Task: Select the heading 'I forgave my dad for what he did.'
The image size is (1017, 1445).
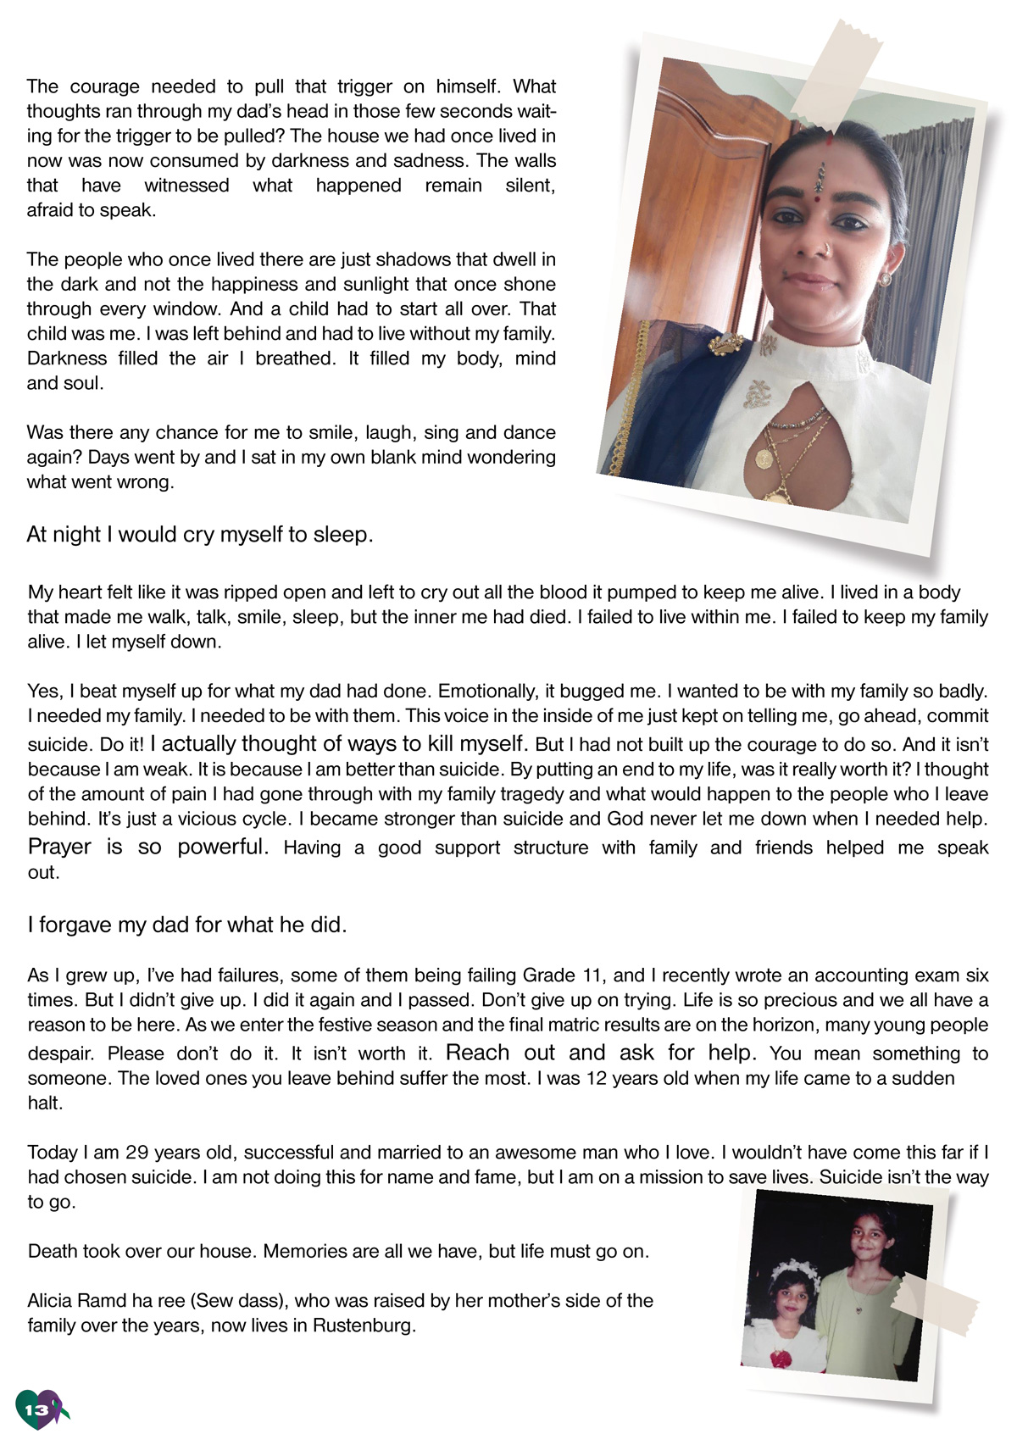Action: [187, 925]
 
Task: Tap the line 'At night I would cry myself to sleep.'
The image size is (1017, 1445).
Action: [200, 535]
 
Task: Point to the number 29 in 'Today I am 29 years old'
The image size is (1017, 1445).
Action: [136, 1153]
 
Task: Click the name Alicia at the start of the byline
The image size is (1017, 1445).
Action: [53, 1300]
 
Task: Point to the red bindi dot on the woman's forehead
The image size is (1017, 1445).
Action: [818, 192]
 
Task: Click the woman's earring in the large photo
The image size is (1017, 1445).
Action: [885, 278]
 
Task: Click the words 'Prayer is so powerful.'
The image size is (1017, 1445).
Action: [148, 847]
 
